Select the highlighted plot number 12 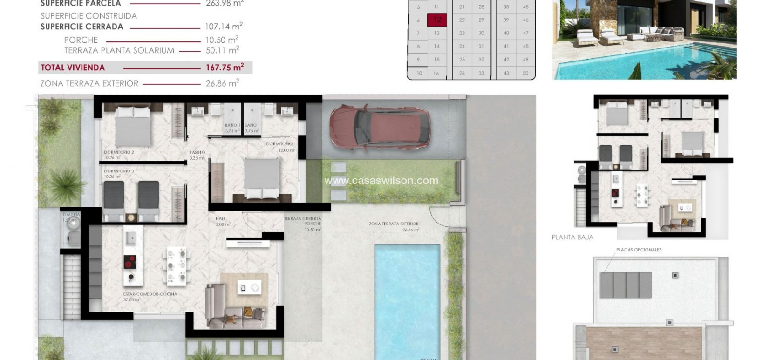click(437, 20)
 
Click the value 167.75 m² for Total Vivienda click(225, 68)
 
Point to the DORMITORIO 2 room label click(119, 152)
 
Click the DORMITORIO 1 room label click(281, 144)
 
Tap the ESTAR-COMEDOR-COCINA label click(150, 294)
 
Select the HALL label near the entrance click(220, 218)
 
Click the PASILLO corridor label click(197, 152)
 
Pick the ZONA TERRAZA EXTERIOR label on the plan click(394, 224)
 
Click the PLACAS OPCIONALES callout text click(639, 250)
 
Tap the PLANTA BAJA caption click(572, 237)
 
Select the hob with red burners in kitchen click(130, 263)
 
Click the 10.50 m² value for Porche click(222, 40)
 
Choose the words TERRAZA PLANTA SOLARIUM click(119, 50)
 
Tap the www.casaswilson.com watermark click(381, 180)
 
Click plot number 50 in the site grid click(525, 73)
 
